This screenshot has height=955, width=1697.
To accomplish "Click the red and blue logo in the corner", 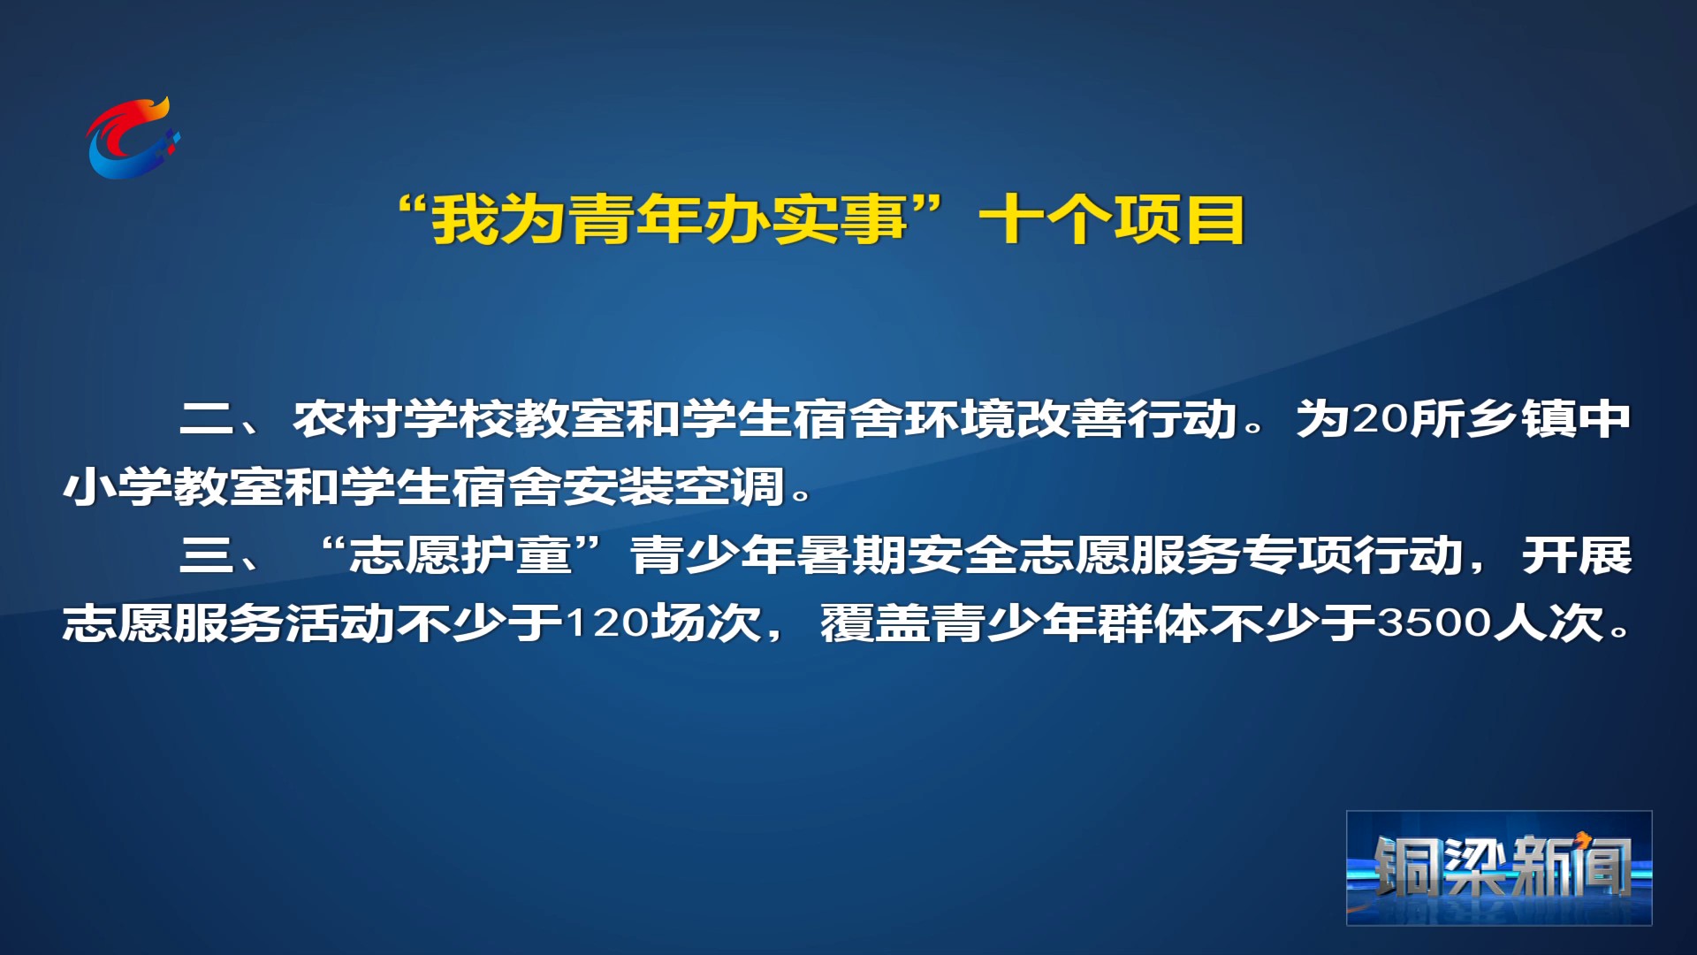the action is (133, 138).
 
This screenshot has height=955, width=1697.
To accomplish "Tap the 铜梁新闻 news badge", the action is (1499, 868).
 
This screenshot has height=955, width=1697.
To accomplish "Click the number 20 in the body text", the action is (1381, 419).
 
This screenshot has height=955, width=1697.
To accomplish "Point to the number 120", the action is (607, 623).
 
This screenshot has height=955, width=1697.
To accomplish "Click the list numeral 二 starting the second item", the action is (206, 419).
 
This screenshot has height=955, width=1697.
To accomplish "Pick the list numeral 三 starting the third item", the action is (206, 556).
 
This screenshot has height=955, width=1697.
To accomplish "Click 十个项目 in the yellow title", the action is (1113, 220).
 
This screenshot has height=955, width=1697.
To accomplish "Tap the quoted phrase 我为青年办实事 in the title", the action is (669, 220).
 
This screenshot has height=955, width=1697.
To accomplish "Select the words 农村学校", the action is (403, 419).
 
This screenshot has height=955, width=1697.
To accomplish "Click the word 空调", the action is (730, 487).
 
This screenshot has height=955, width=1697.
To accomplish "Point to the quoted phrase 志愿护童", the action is (460, 556).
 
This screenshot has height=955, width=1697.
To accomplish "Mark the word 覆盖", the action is (876, 623).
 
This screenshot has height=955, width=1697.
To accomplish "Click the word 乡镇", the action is (1521, 419).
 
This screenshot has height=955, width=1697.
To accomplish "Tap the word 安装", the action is (619, 487).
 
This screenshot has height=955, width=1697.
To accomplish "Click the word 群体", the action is (1153, 623).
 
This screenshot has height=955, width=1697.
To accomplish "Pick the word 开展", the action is (1577, 556).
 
